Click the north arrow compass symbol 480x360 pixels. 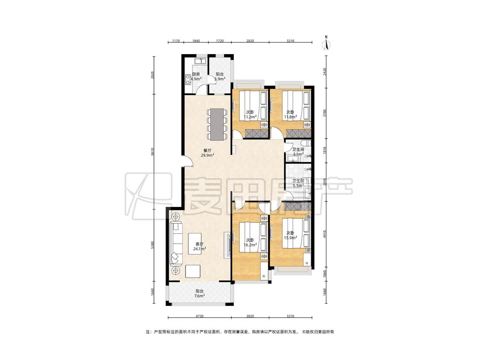(x=327, y=43)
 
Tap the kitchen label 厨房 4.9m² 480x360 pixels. (x=196, y=76)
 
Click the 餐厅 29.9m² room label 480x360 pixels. (x=207, y=153)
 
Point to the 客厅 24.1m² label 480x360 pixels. (x=199, y=247)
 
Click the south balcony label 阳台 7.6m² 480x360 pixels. (x=199, y=293)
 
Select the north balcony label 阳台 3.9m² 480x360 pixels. (x=219, y=76)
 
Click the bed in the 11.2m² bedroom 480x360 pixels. (x=253, y=106)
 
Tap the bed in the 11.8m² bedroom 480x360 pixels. (x=295, y=106)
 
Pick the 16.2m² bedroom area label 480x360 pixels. (x=250, y=242)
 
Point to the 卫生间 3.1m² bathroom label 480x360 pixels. (x=298, y=152)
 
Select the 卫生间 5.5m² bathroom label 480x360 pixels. (x=298, y=183)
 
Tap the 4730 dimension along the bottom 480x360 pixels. (x=199, y=316)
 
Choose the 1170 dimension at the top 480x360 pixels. (x=175, y=41)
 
